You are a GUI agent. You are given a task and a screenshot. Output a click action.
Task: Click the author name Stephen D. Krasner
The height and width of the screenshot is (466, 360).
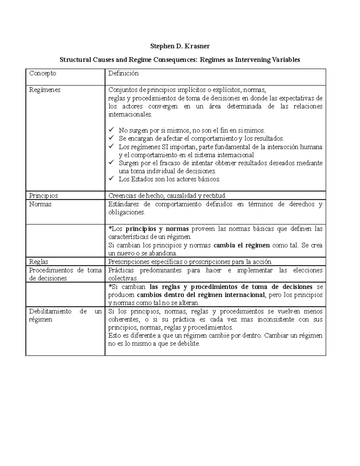tap(180, 46)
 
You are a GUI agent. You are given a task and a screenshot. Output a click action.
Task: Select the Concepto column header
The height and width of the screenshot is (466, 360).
tap(43, 73)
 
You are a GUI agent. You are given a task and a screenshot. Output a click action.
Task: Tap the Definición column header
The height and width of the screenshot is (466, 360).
tap(123, 73)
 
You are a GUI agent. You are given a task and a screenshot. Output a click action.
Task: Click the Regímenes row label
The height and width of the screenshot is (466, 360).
tap(45, 90)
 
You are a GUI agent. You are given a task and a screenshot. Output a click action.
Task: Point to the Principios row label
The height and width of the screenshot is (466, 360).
tap(43, 196)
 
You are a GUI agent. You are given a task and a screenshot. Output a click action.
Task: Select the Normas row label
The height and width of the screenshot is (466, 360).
tap(40, 204)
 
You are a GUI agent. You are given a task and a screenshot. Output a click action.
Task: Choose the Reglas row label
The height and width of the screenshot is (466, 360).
tap(39, 262)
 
